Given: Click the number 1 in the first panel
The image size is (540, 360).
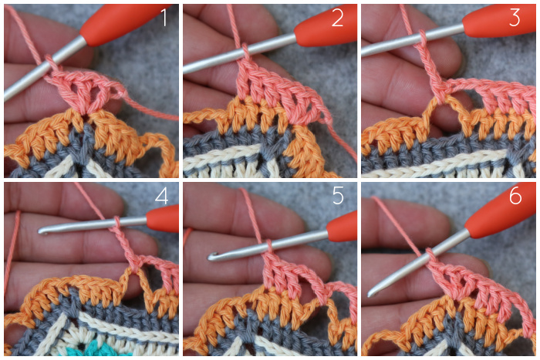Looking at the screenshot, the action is click(x=164, y=18).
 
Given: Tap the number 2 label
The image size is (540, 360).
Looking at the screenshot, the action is click(x=338, y=18).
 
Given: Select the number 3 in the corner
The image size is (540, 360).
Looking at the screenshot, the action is click(x=515, y=18).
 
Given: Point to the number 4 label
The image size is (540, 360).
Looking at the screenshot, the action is click(x=161, y=196).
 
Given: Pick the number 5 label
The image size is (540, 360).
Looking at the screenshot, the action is click(x=338, y=196).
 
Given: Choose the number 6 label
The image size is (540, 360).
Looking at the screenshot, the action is click(x=515, y=196).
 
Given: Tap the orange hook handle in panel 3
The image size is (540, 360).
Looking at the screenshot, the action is click(x=498, y=22).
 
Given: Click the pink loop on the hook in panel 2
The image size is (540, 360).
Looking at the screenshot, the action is click(x=245, y=51).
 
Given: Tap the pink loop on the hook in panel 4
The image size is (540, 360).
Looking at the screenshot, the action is click(x=117, y=223).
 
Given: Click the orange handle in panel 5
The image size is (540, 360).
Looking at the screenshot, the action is click(x=342, y=226).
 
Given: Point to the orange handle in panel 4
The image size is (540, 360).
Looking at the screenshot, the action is click(x=163, y=218).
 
